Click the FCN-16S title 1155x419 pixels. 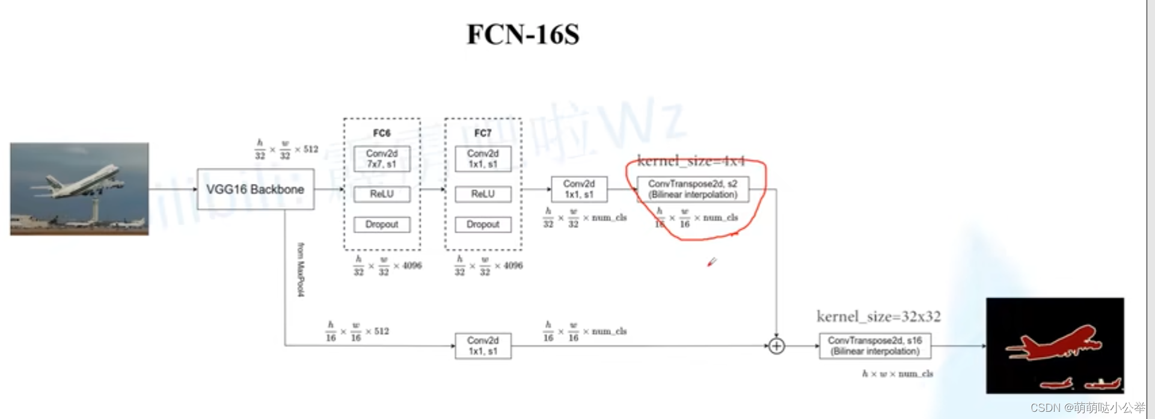pos(522,34)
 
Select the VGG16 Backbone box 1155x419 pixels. pos(256,189)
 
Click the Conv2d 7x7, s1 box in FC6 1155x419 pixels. pos(382,159)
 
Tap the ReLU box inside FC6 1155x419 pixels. pos(382,194)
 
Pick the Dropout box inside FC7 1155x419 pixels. pos(483,224)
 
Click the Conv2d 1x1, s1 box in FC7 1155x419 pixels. pos(483,159)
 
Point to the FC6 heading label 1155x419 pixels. pos(382,133)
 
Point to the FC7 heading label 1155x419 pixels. pos(483,133)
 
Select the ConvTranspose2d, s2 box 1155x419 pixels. pos(693,189)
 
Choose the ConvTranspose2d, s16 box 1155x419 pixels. pos(875,346)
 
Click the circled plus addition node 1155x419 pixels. pos(776,346)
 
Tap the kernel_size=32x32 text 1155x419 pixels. pos(878,317)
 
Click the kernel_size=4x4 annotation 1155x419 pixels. pos(691,161)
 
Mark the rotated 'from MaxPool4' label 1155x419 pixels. pos(301,269)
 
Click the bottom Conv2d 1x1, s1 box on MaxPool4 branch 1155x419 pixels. pos(483,346)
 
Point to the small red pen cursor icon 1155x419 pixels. pos(712,262)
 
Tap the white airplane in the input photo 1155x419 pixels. pos(84,180)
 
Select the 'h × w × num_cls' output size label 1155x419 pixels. pos(897,374)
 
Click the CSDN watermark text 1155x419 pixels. pos(1087,408)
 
